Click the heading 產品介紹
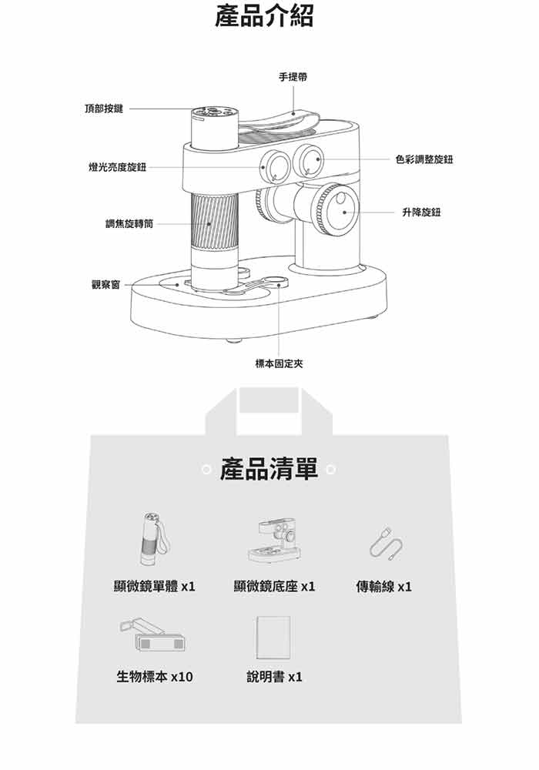pyautogui.click(x=264, y=15)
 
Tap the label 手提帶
pyautogui.click(x=293, y=76)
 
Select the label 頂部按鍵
pyautogui.click(x=104, y=109)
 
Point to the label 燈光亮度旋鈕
pyautogui.click(x=117, y=167)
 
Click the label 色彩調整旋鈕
pyautogui.click(x=424, y=159)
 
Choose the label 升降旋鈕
pyautogui.click(x=421, y=213)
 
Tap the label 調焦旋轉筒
pyautogui.click(x=129, y=224)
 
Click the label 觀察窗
pyautogui.click(x=105, y=284)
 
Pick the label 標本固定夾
pyautogui.click(x=279, y=364)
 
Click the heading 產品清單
pyautogui.click(x=269, y=469)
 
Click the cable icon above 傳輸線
pyautogui.click(x=386, y=544)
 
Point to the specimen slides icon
pyautogui.click(x=152, y=635)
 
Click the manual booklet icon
pyautogui.click(x=273, y=638)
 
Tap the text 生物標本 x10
pyautogui.click(x=155, y=677)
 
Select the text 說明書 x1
pyautogui.click(x=274, y=677)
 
